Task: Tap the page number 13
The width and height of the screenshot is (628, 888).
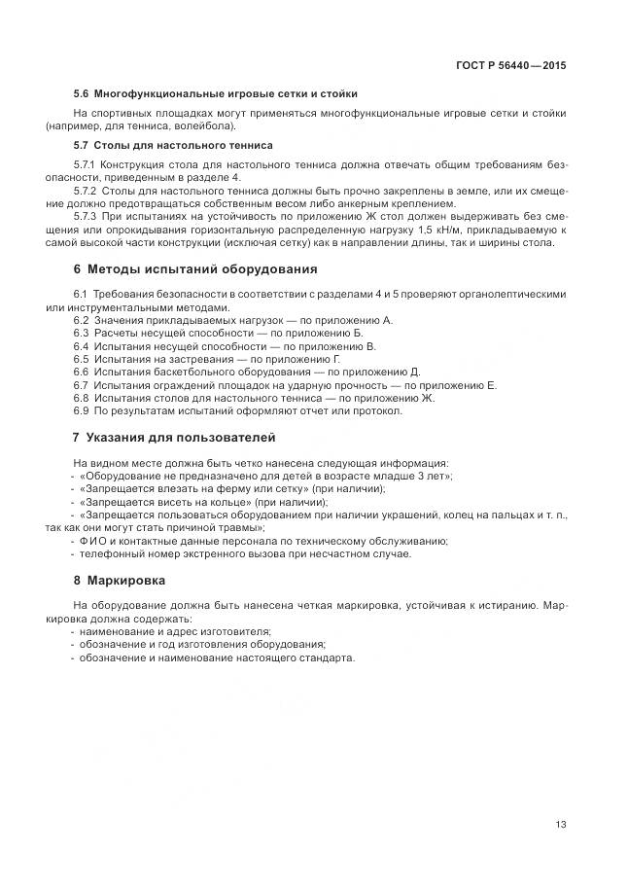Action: pos(561,824)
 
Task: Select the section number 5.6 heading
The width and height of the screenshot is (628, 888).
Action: pos(83,93)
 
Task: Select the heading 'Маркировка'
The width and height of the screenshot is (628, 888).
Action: pos(126,581)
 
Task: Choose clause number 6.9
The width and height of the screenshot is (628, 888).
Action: pos(81,410)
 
